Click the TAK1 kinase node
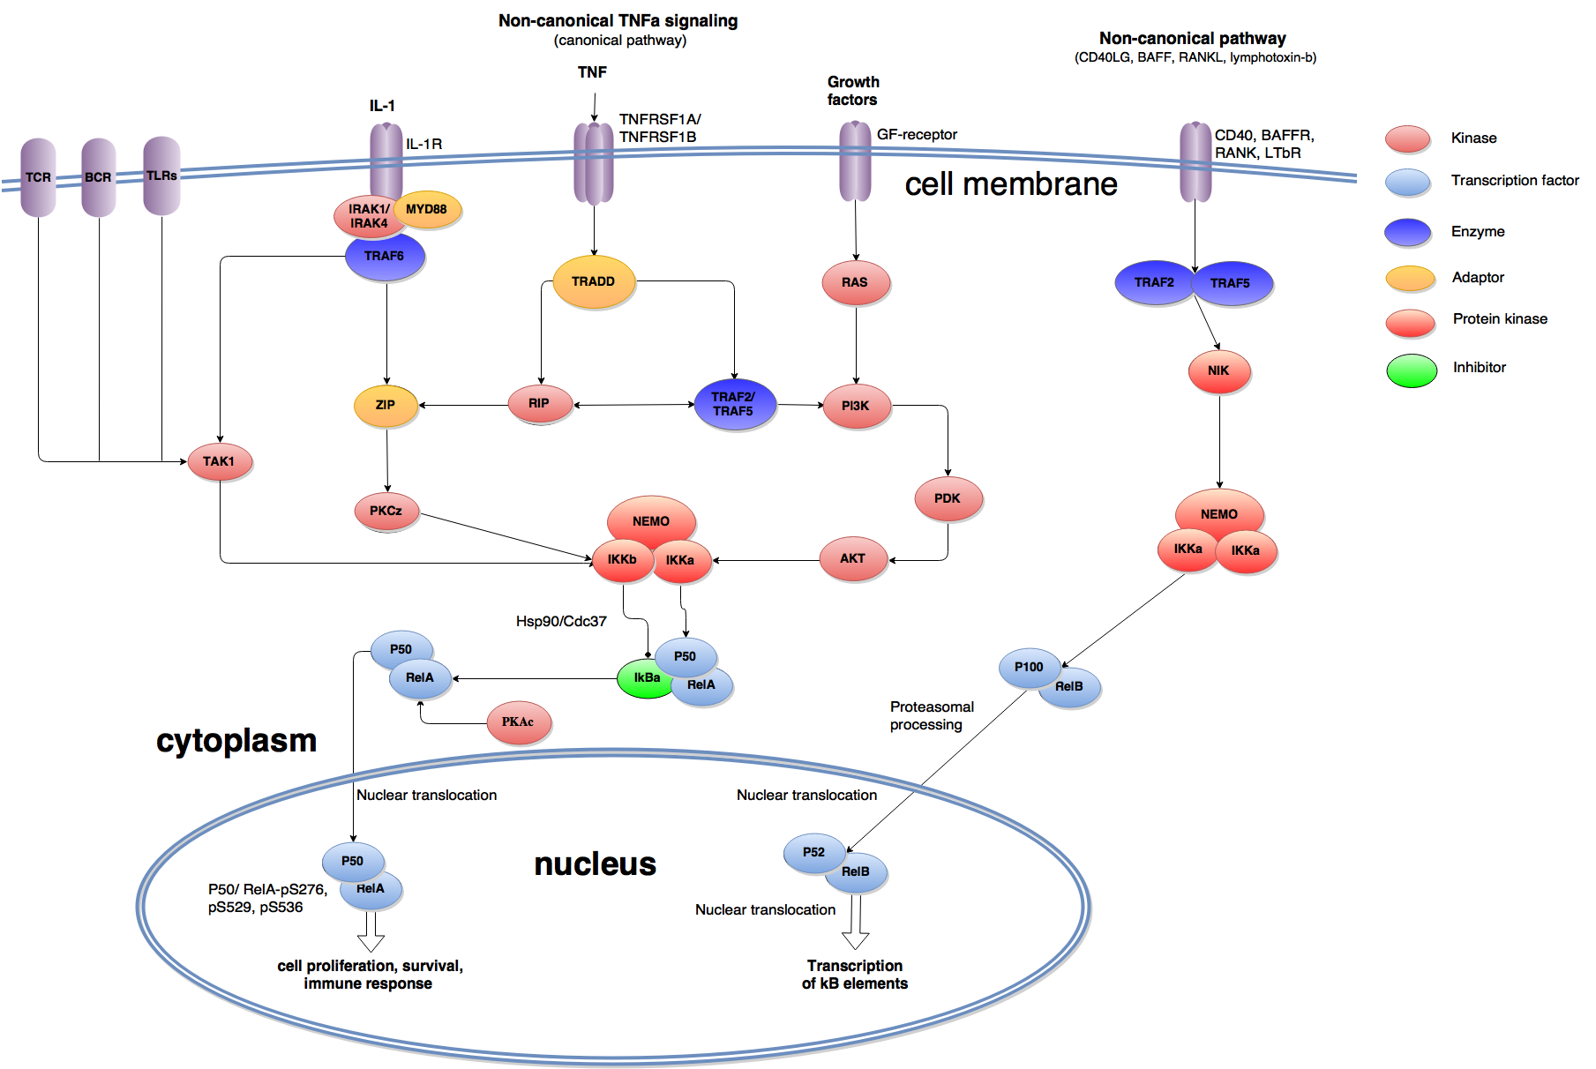[x=220, y=461]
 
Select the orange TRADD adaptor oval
[x=594, y=281]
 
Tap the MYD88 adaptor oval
[x=427, y=209]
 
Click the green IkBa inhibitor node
[x=645, y=678]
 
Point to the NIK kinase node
[x=1218, y=370]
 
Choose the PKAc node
[x=519, y=721]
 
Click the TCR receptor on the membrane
[x=38, y=176]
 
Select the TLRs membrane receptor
[x=161, y=176]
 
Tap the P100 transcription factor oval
[x=1029, y=667]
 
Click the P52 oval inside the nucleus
[x=813, y=852]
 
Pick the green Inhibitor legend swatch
[x=1412, y=370]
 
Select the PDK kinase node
[x=948, y=498]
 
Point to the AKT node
[x=853, y=559]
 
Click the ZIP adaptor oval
[x=386, y=405]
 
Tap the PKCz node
[x=386, y=511]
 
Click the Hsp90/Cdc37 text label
[x=561, y=622]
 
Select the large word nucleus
[x=596, y=863]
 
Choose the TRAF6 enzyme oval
[x=386, y=257]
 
